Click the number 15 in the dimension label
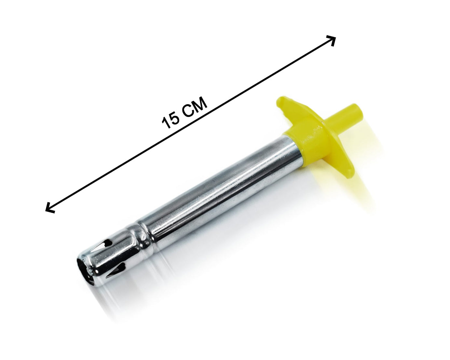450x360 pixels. [x=171, y=120]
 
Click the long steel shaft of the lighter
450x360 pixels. [x=211, y=192]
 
